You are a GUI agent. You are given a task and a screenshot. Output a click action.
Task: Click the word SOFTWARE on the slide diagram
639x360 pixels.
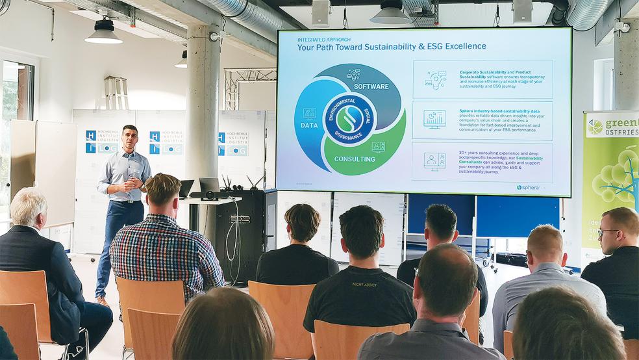pyautogui.click(x=371, y=86)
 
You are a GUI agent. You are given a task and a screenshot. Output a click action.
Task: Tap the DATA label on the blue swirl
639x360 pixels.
pyautogui.click(x=309, y=125)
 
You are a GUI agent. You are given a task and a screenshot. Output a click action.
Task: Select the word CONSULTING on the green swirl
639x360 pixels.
pyautogui.click(x=354, y=159)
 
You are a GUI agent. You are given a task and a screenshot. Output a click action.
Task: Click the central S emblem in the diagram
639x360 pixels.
pyautogui.click(x=349, y=119)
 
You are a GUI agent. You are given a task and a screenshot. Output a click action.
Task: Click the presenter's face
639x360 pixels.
pyautogui.click(x=130, y=138)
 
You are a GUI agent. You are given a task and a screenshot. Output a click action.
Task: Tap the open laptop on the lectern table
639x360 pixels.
pyautogui.click(x=209, y=187)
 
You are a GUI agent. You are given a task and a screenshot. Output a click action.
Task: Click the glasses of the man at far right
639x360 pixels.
pyautogui.click(x=606, y=232)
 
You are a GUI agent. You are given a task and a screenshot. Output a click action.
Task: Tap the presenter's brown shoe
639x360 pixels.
pyautogui.click(x=103, y=301)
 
